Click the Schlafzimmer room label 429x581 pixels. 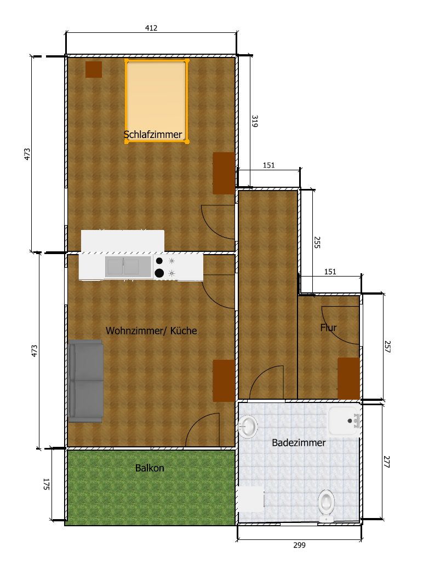[x=153, y=135]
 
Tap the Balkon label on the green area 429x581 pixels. [x=150, y=468]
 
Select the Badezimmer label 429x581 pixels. [x=299, y=442]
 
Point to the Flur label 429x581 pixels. [x=329, y=327]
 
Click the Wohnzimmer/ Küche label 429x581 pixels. [x=151, y=331]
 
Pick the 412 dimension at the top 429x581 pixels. [x=151, y=28]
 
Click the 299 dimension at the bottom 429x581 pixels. [x=299, y=545]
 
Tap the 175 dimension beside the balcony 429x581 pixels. [x=47, y=484]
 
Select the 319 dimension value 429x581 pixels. [x=255, y=121]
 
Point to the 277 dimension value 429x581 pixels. [x=387, y=462]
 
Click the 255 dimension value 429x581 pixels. [x=317, y=243]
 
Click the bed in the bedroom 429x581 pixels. [x=157, y=100]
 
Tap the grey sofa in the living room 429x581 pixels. [x=85, y=381]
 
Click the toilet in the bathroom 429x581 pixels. [x=326, y=505]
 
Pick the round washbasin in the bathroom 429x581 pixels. [x=248, y=426]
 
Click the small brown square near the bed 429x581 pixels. [x=94, y=70]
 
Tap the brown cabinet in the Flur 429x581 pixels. [x=348, y=378]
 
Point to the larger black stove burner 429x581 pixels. [x=159, y=273]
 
